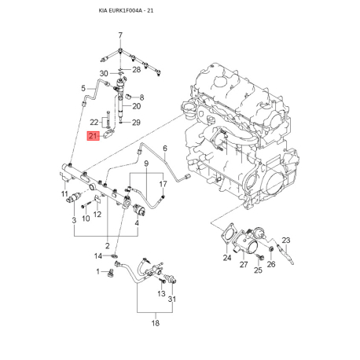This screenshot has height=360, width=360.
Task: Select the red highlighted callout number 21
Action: pos(93,136)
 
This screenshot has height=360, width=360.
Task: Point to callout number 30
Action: pos(103,73)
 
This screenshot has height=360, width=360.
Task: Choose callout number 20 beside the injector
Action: pos(136,106)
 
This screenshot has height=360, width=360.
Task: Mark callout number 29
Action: pos(136,123)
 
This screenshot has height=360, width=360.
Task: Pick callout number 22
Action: pos(94,123)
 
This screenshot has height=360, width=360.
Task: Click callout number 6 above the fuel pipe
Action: pos(165,149)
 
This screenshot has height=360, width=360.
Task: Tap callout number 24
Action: pos(226,257)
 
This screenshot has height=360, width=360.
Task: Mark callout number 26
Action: pos(271,265)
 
